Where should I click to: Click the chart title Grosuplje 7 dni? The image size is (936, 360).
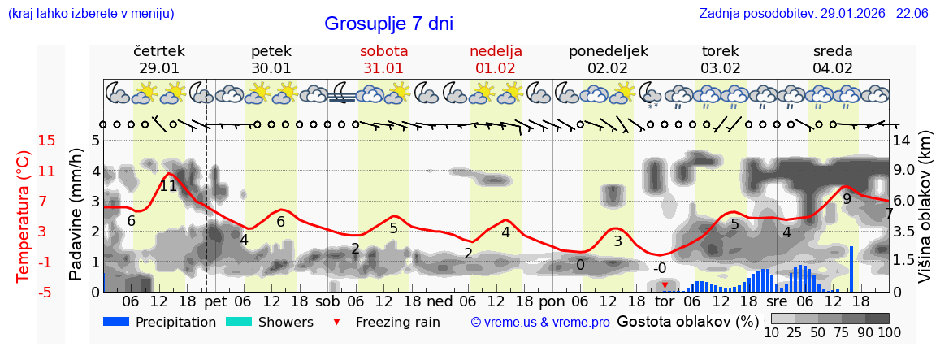pyautogui.click(x=388, y=24)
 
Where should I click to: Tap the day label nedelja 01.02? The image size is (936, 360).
pyautogui.click(x=496, y=59)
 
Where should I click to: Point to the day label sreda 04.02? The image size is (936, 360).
pyautogui.click(x=833, y=59)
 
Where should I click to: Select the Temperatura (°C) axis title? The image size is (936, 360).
pyautogui.click(x=23, y=216)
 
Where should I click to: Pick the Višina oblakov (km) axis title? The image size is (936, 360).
pyautogui.click(x=924, y=216)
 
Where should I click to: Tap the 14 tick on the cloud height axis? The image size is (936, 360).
pyautogui.click(x=901, y=141)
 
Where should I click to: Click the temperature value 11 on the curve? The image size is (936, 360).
pyautogui.click(x=168, y=186)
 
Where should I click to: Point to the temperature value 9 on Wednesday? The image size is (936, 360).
pyautogui.click(x=847, y=198)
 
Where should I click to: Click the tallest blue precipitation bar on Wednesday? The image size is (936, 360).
pyautogui.click(x=851, y=268)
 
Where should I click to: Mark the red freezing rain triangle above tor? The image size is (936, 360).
pyautogui.click(x=665, y=285)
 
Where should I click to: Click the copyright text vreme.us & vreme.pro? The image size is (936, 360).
pyautogui.click(x=540, y=323)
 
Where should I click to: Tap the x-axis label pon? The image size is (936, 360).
pyautogui.click(x=552, y=301)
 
